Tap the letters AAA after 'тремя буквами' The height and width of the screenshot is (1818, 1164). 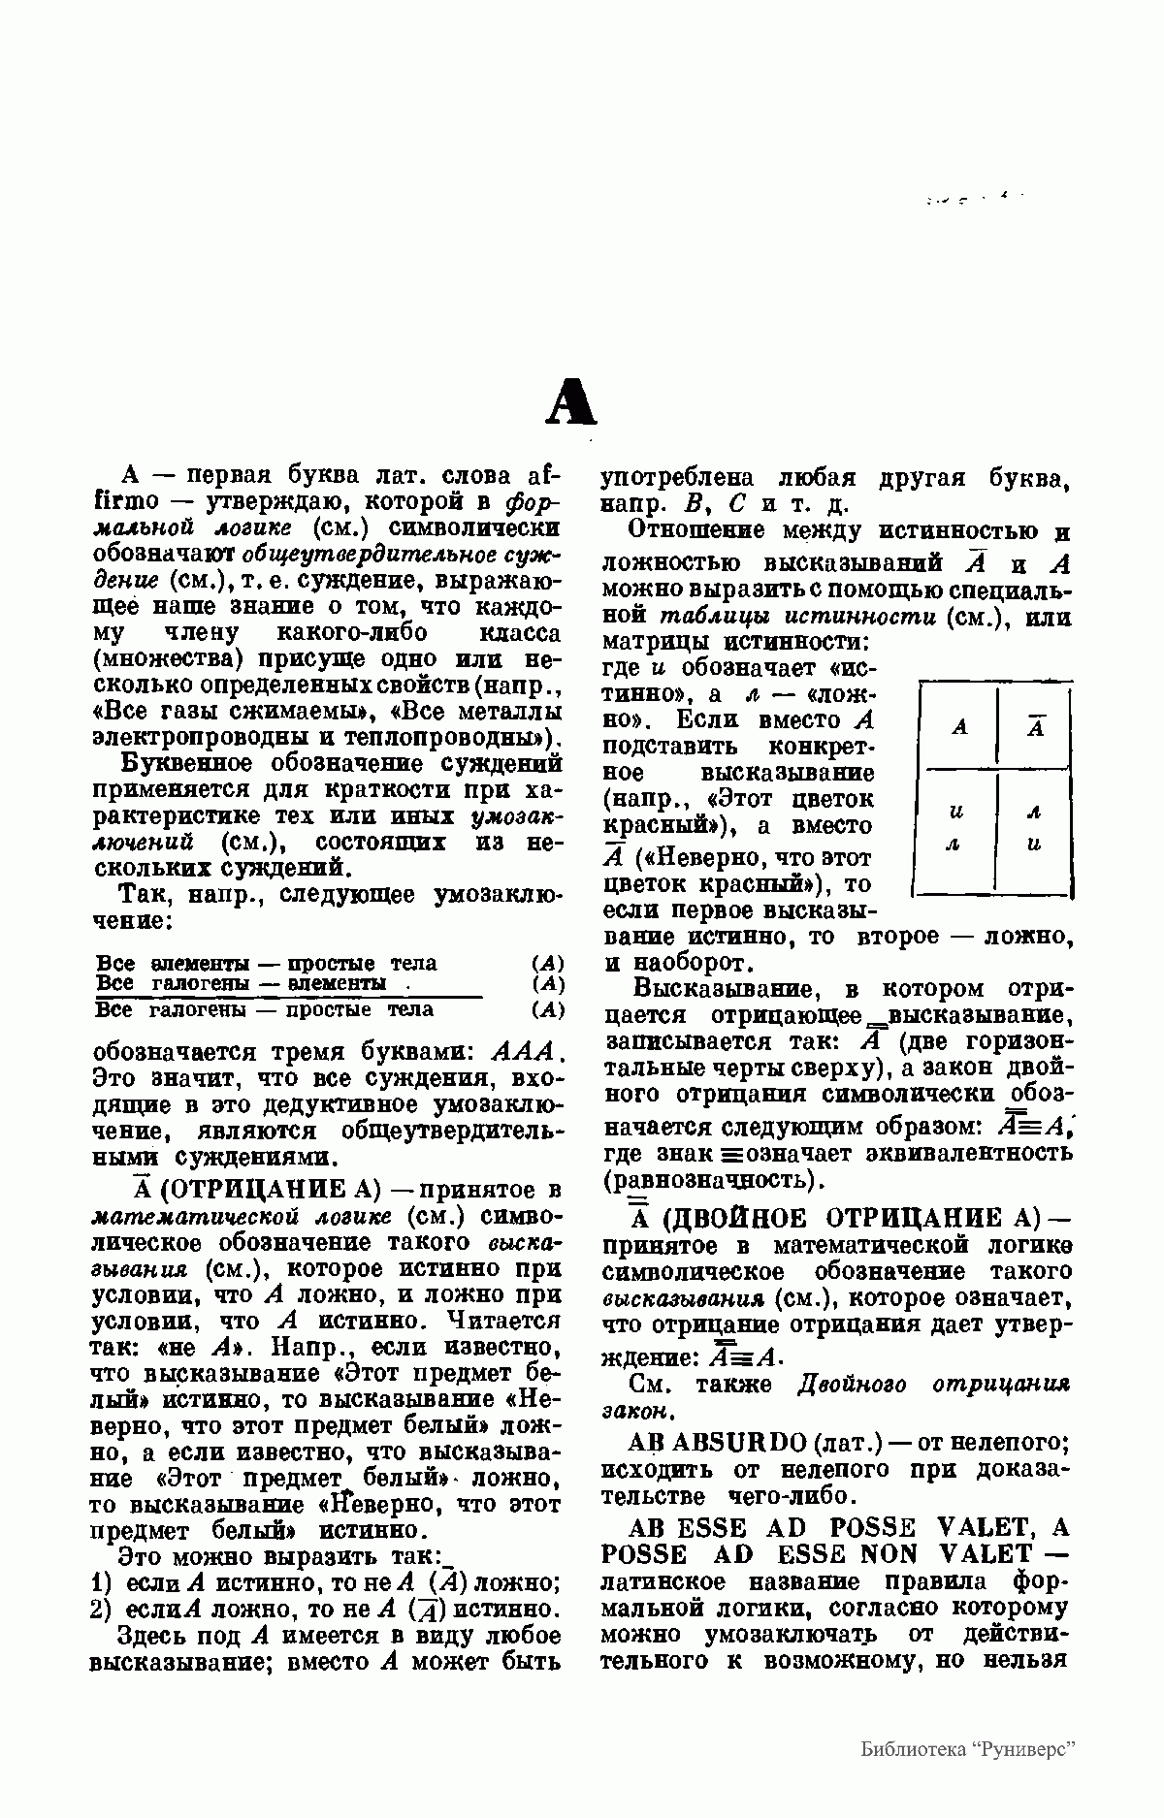pyautogui.click(x=522, y=1052)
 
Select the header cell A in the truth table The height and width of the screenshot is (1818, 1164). pyautogui.click(x=959, y=726)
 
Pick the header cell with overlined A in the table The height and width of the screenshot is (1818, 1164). pyautogui.click(x=1035, y=726)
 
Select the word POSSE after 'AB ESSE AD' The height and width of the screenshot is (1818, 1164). pyautogui.click(x=878, y=1528)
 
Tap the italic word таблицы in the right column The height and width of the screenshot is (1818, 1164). pyautogui.click(x=702, y=616)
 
